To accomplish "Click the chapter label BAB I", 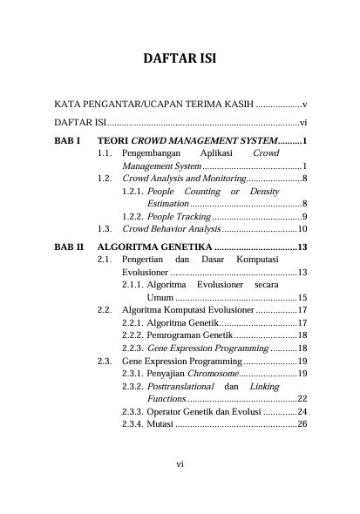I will [x=67, y=139].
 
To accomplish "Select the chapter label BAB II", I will [x=69, y=247].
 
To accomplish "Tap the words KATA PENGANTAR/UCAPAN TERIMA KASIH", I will [x=153, y=104].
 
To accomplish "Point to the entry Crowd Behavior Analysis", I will [x=172, y=229].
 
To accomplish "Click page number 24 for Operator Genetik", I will [x=302, y=411].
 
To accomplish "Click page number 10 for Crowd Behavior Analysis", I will [x=302, y=229].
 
